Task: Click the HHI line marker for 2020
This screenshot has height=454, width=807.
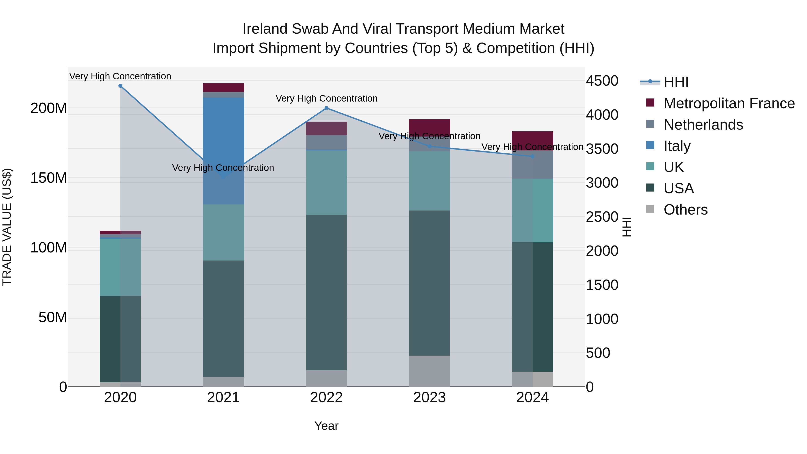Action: pyautogui.click(x=120, y=86)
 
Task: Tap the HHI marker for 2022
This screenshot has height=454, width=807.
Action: pyautogui.click(x=326, y=108)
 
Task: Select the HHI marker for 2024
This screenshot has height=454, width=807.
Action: pyautogui.click(x=533, y=156)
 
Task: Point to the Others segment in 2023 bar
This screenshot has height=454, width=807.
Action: pyautogui.click(x=430, y=371)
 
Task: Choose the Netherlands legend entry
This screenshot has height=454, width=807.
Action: pyautogui.click(x=703, y=125)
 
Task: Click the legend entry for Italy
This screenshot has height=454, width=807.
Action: pyautogui.click(x=677, y=146)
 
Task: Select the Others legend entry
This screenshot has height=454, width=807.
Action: pyautogui.click(x=686, y=210)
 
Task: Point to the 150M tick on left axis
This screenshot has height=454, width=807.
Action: pyautogui.click(x=49, y=178)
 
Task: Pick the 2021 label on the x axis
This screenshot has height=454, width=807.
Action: pyautogui.click(x=223, y=398)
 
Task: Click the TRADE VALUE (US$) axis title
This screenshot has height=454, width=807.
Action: pyautogui.click(x=7, y=227)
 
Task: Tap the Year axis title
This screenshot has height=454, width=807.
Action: pyautogui.click(x=326, y=426)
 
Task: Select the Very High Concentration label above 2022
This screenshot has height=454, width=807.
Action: pyautogui.click(x=326, y=98)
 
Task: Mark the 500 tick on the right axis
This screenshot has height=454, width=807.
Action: pyautogui.click(x=598, y=353)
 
